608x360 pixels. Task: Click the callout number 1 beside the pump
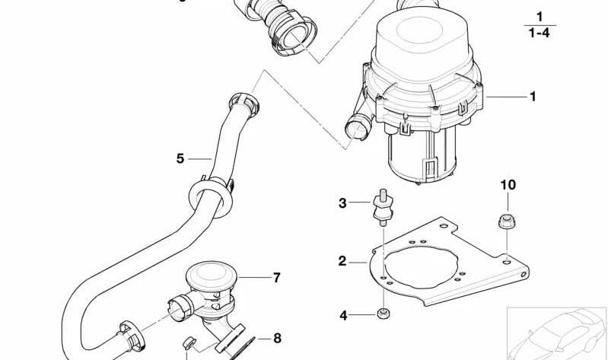(x=533, y=97)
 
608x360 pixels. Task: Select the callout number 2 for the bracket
(x=342, y=261)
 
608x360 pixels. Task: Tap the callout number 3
(x=342, y=202)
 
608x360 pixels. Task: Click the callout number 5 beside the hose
(x=180, y=158)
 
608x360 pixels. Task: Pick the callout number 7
(x=276, y=278)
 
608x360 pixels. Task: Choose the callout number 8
(x=277, y=337)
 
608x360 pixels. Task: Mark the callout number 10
(x=508, y=185)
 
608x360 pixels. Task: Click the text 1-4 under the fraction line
(x=539, y=33)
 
